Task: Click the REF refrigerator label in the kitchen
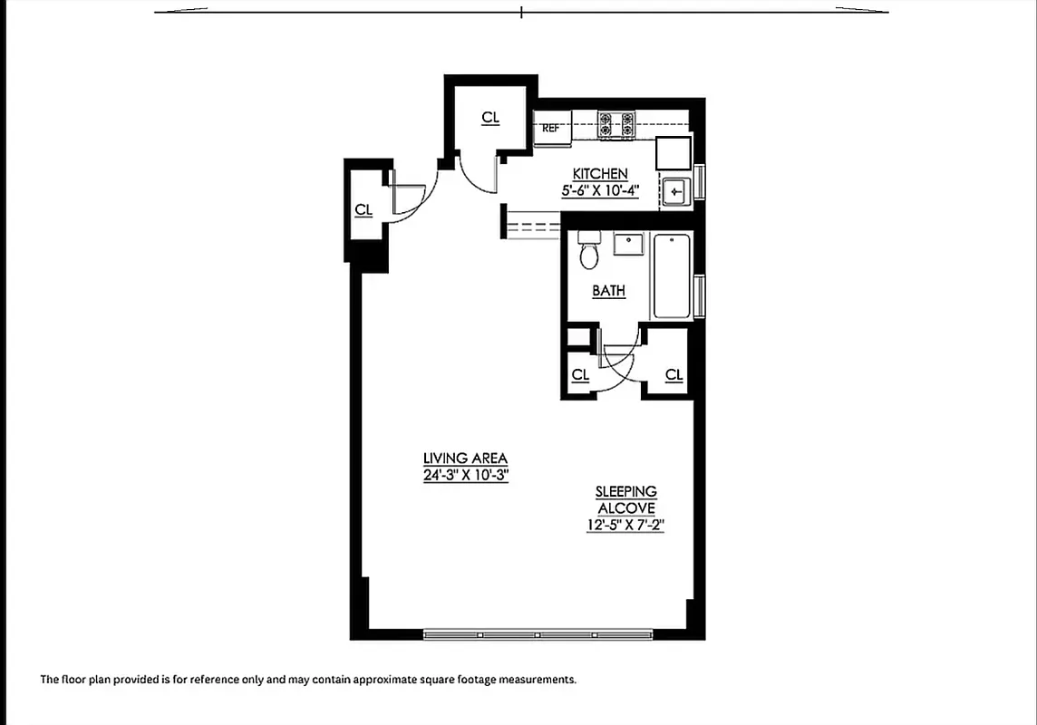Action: click(549, 129)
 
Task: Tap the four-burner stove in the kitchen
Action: click(615, 125)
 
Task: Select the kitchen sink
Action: click(674, 192)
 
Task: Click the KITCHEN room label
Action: click(600, 174)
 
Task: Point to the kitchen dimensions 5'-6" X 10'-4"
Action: click(600, 191)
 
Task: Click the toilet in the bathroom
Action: click(589, 251)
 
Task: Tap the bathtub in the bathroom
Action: click(672, 275)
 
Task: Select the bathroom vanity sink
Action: click(627, 244)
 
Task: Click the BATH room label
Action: click(608, 291)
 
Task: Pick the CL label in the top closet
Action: click(490, 118)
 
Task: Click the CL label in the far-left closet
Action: click(363, 210)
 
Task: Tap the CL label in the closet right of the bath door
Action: click(674, 375)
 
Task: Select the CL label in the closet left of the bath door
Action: click(580, 375)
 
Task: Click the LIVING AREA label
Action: click(465, 459)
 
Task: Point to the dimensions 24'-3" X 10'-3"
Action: click(465, 476)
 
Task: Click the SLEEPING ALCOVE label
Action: click(626, 499)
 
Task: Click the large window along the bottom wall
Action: click(538, 635)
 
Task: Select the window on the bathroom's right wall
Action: click(699, 295)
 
